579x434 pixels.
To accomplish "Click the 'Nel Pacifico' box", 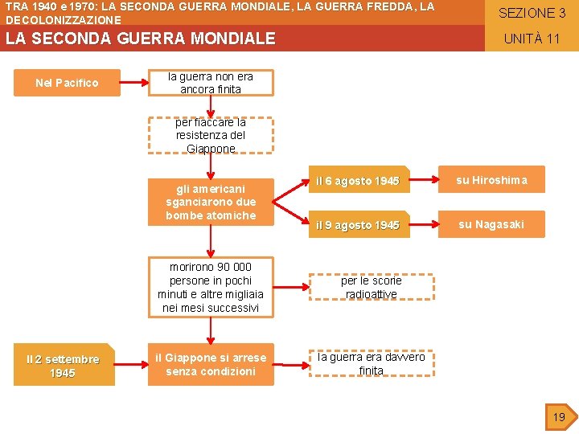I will (67, 83).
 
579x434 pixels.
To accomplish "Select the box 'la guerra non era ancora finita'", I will (211, 83).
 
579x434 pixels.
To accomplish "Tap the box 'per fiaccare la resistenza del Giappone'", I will (211, 135).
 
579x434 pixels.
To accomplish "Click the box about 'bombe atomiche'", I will (211, 202).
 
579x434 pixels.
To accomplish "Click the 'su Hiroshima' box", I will (491, 180).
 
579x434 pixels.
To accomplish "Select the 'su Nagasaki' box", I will (491, 224).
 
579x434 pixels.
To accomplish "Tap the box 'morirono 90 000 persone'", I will (211, 287).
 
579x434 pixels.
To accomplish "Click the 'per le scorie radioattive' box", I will (371, 287).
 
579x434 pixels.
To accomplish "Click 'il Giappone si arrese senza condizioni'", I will (211, 364).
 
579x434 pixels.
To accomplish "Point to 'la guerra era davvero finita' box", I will (371, 364).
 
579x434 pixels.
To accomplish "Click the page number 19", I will (558, 417).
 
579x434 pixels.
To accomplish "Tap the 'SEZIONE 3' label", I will (532, 13).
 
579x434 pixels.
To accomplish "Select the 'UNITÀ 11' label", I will (532, 39).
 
